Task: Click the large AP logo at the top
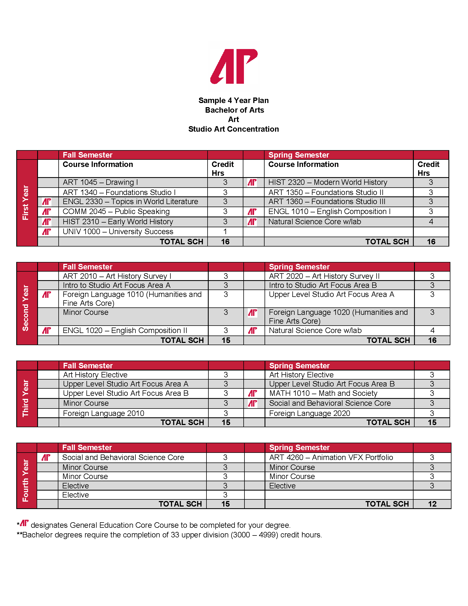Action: click(234, 66)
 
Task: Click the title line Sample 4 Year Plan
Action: click(233, 101)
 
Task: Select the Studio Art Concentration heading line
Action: click(233, 129)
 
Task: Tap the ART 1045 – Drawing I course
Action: click(100, 182)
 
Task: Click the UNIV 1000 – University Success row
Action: click(118, 232)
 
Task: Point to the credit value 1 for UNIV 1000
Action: click(225, 232)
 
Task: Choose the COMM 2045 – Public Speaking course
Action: click(116, 212)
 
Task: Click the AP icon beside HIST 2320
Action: click(252, 182)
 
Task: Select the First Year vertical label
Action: click(26, 202)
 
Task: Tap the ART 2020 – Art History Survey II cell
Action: click(324, 276)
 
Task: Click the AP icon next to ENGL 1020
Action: click(47, 331)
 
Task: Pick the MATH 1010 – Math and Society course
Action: click(323, 393)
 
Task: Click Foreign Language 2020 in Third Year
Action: click(309, 413)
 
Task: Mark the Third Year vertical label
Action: click(26, 398)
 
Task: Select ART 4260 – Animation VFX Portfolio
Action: click(331, 457)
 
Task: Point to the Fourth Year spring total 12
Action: click(432, 504)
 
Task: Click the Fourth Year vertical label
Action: click(26, 480)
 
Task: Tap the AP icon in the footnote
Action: click(25, 523)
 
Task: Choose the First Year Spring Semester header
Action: click(299, 155)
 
